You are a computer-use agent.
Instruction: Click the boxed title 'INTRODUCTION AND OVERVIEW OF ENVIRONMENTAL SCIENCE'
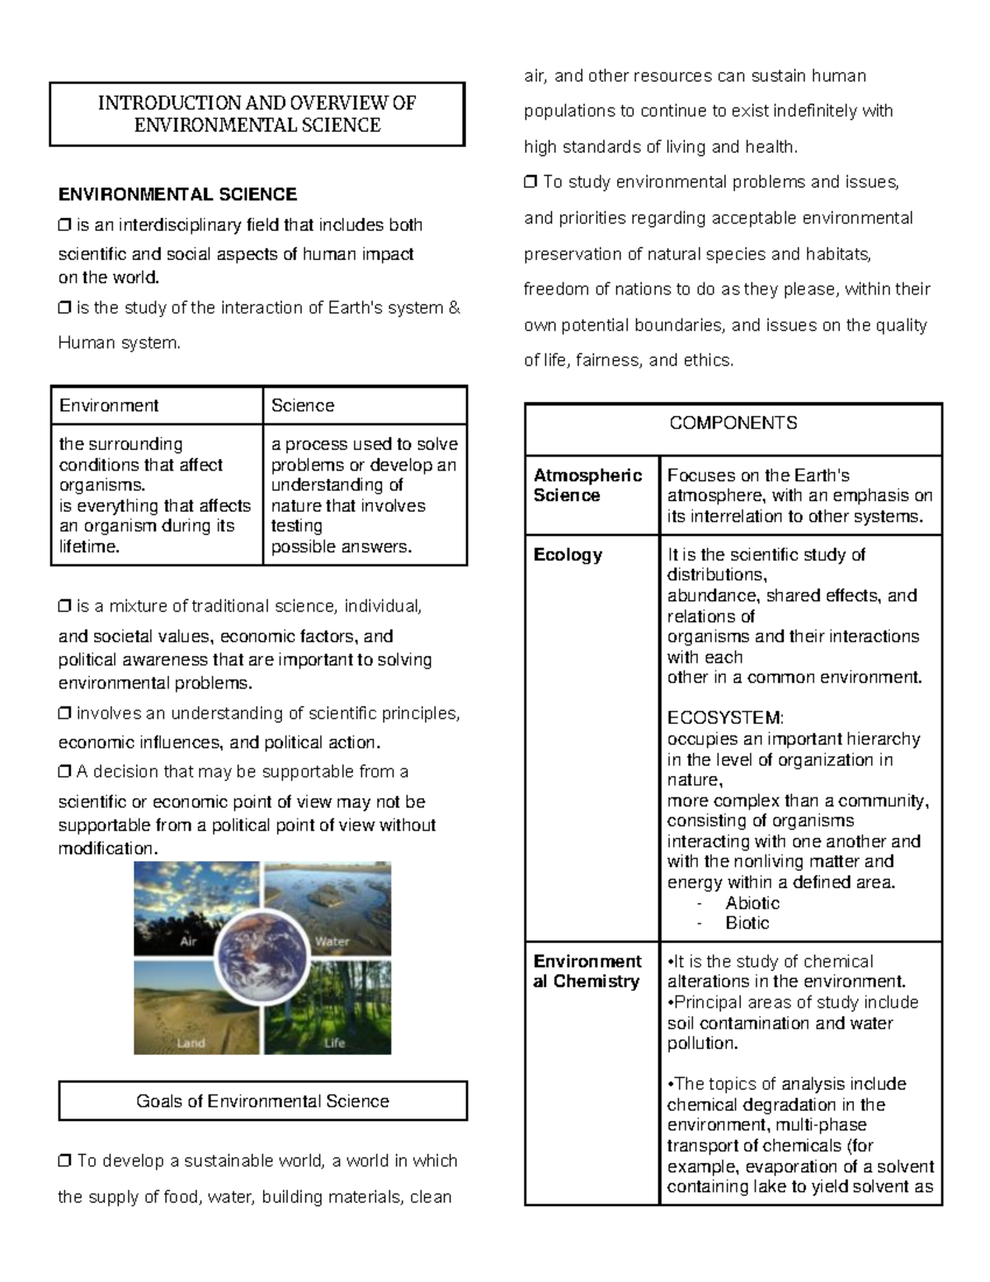click(257, 114)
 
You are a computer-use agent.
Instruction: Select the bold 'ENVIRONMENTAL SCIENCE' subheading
click(177, 195)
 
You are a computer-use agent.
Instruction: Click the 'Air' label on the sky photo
click(188, 942)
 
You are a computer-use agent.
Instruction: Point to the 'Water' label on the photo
click(332, 942)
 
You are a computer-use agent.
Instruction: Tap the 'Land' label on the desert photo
click(191, 1043)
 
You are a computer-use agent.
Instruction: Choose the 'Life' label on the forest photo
click(334, 1043)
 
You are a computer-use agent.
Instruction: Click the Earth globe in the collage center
click(262, 958)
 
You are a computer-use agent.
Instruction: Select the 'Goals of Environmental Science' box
click(262, 1101)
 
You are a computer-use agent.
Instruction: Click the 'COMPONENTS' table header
click(733, 423)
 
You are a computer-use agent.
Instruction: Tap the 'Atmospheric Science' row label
click(587, 485)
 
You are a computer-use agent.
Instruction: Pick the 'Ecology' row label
click(568, 555)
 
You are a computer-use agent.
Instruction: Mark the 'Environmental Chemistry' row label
click(587, 972)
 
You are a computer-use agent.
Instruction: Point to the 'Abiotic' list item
click(752, 903)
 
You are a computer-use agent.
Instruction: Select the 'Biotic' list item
click(747, 923)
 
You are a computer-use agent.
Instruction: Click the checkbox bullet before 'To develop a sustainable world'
click(64, 1161)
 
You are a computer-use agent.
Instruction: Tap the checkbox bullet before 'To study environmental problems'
click(530, 182)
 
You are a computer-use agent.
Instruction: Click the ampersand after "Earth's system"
click(454, 308)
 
